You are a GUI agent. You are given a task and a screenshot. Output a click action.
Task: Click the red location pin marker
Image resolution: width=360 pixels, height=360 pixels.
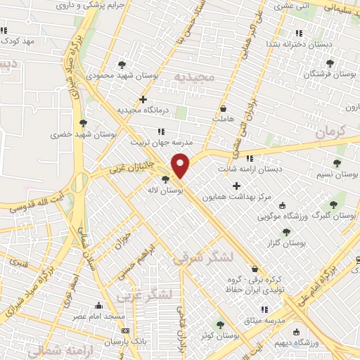pos(181,165)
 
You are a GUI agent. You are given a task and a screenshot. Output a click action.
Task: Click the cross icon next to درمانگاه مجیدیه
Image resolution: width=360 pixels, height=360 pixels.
pos(143,100)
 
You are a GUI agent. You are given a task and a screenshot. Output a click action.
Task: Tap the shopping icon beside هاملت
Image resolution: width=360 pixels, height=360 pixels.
pos(224,109)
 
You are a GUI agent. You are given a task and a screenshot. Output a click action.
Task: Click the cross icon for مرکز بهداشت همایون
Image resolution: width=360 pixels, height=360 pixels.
pos(236,186)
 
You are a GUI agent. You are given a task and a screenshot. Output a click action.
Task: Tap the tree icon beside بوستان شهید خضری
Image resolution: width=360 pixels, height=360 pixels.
pos(84,123)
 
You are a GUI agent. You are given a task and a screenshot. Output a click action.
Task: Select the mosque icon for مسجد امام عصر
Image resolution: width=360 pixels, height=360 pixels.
pos(98,306)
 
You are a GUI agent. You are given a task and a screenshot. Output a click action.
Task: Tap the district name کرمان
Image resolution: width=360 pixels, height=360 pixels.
pos(331,130)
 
